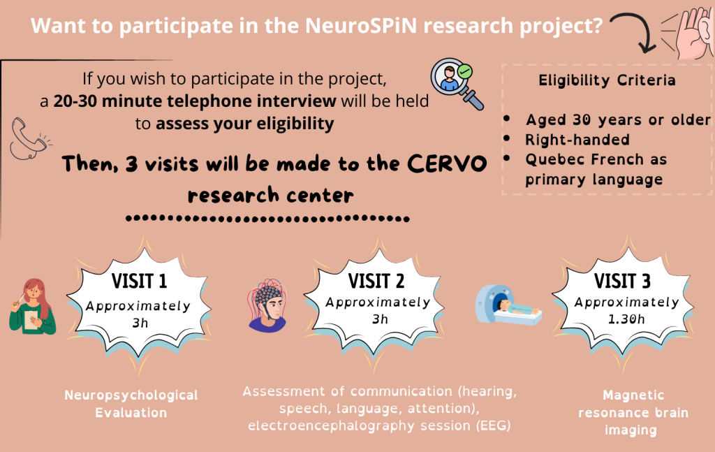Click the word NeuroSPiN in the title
tap(361, 26)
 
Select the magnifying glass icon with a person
tap(457, 83)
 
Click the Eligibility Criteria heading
tap(607, 80)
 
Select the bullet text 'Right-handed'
tap(577, 140)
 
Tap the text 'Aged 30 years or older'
tap(619, 119)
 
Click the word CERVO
tap(447, 163)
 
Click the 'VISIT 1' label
tap(139, 281)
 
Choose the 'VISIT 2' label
tap(376, 281)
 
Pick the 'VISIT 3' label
tap(622, 281)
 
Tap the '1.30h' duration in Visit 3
tap(626, 319)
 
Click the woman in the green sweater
tap(32, 307)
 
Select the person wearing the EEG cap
tap(267, 305)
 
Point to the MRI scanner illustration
tap(508, 305)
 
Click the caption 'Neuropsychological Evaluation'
tap(131, 404)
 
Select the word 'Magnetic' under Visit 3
tap(633, 395)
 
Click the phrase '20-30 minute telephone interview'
tap(195, 101)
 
